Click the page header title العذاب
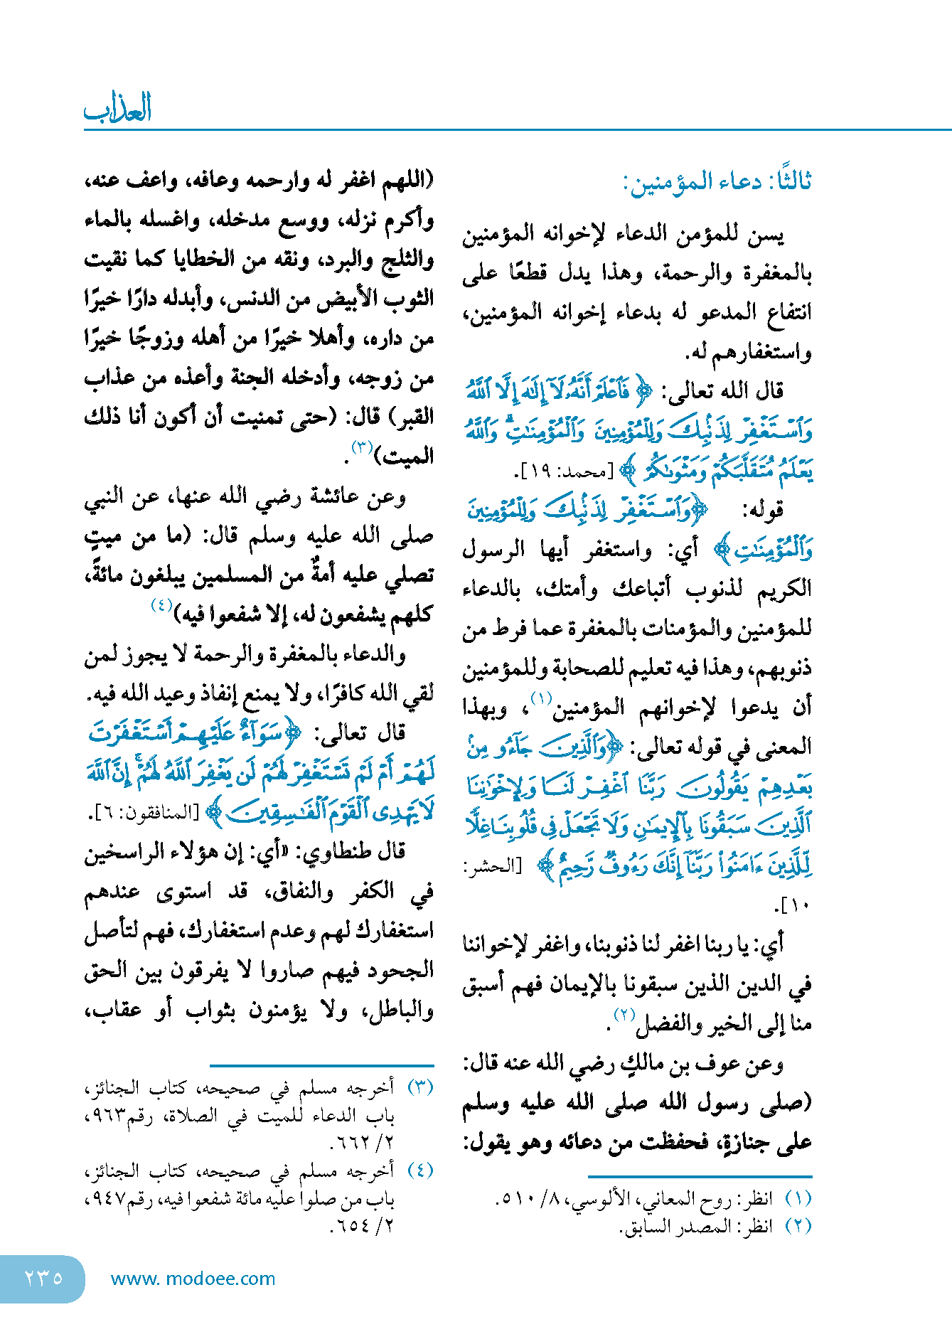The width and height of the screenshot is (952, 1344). point(118,109)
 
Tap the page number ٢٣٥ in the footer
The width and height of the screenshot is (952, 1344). point(43,1278)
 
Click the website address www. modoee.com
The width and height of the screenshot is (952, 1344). point(193,1279)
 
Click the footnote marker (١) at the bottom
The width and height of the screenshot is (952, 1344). point(798,1198)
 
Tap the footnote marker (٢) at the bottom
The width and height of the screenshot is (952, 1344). point(798,1226)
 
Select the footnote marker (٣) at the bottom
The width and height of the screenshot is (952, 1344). point(420,1087)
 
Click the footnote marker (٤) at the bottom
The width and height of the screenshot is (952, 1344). point(420,1170)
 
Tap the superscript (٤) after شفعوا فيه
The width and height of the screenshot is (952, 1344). point(161,606)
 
